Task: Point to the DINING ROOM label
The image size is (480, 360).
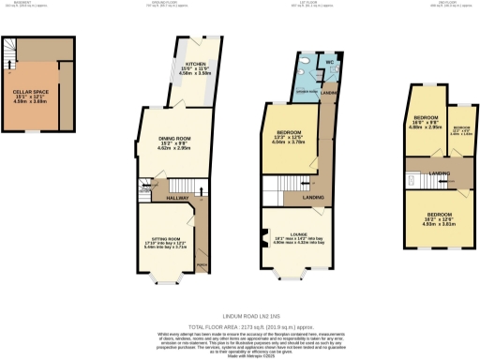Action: tap(170, 142)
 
